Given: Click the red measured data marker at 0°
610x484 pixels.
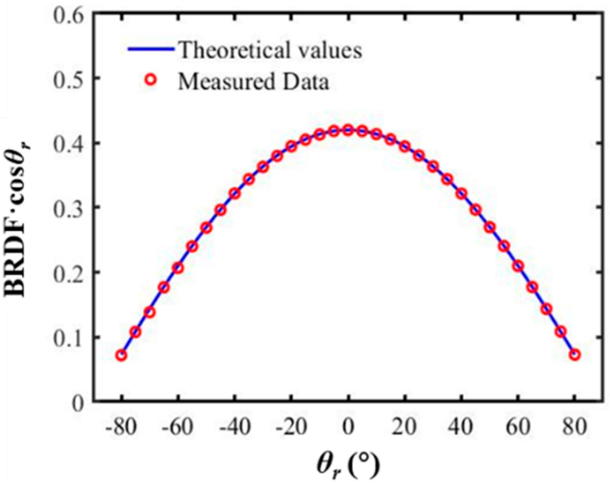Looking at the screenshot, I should click(348, 130).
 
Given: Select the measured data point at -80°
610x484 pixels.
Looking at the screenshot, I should click(121, 355).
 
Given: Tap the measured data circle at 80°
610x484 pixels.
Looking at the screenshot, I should click(575, 354).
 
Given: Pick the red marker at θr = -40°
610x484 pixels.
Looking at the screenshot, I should click(235, 194).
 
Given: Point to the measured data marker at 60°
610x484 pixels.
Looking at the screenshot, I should click(518, 266).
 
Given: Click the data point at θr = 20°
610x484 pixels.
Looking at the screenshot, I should click(405, 147).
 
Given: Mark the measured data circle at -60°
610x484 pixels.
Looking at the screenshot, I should click(178, 267).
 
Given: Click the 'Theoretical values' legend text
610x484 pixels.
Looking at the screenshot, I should click(270, 50).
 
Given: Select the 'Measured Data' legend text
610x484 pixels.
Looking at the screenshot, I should click(253, 82).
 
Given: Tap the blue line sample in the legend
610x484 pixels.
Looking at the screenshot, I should click(151, 49).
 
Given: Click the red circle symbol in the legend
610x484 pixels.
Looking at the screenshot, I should click(151, 81).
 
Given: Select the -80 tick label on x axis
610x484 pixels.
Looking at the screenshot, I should click(120, 427).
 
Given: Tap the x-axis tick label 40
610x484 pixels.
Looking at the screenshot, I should click(461, 427).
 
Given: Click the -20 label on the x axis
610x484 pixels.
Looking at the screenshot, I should click(291, 427).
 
